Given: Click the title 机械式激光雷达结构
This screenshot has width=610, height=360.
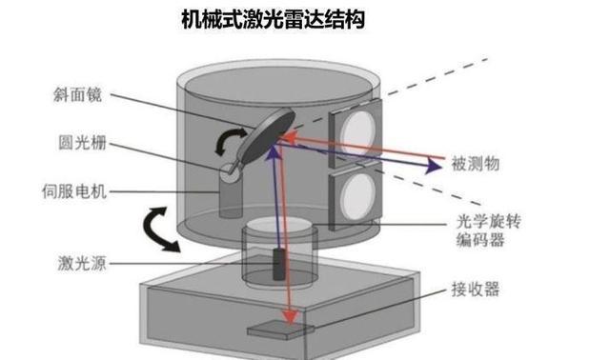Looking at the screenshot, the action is click(274, 20).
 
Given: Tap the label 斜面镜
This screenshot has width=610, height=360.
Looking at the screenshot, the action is click(77, 94).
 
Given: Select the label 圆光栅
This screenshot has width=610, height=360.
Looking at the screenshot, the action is click(82, 142).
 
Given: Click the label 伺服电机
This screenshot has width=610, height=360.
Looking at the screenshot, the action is click(74, 191).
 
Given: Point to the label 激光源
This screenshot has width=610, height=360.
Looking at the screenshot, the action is click(82, 263).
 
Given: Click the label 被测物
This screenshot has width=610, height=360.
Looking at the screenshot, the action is click(476, 163).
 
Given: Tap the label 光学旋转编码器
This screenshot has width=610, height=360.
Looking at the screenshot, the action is click(488, 230).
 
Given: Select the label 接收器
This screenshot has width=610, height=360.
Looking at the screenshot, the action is click(476, 290).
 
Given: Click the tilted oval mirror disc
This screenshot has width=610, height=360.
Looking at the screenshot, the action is click(266, 136).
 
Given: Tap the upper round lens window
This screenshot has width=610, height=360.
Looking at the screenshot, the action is click(359, 132).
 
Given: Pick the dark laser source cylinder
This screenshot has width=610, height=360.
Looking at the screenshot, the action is click(278, 265).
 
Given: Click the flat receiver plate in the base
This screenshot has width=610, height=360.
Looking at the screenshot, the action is click(281, 330).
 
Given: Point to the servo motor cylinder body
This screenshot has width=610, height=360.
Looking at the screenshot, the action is click(231, 198).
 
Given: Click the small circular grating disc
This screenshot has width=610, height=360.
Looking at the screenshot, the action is click(230, 172).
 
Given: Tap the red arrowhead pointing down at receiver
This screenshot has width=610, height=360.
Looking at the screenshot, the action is click(290, 316).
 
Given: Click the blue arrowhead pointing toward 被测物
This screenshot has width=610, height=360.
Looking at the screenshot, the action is click(433, 166).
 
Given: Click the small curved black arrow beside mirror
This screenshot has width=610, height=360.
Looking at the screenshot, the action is click(230, 142).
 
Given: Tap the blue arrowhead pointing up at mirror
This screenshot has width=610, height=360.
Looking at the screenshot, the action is click(274, 151).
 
